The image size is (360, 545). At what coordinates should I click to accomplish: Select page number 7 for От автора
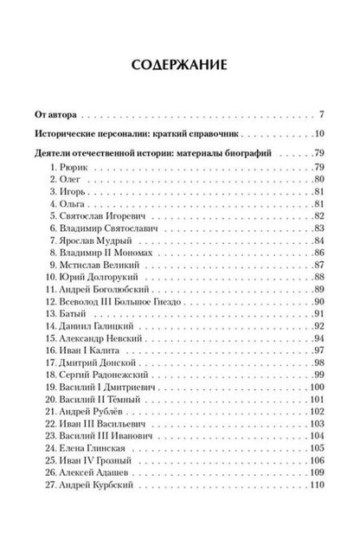[x=320, y=114]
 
